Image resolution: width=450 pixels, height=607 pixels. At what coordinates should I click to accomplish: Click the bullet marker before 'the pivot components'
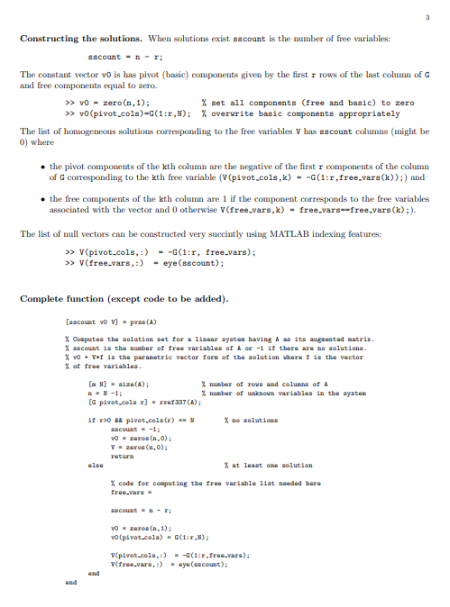pyautogui.click(x=40, y=168)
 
